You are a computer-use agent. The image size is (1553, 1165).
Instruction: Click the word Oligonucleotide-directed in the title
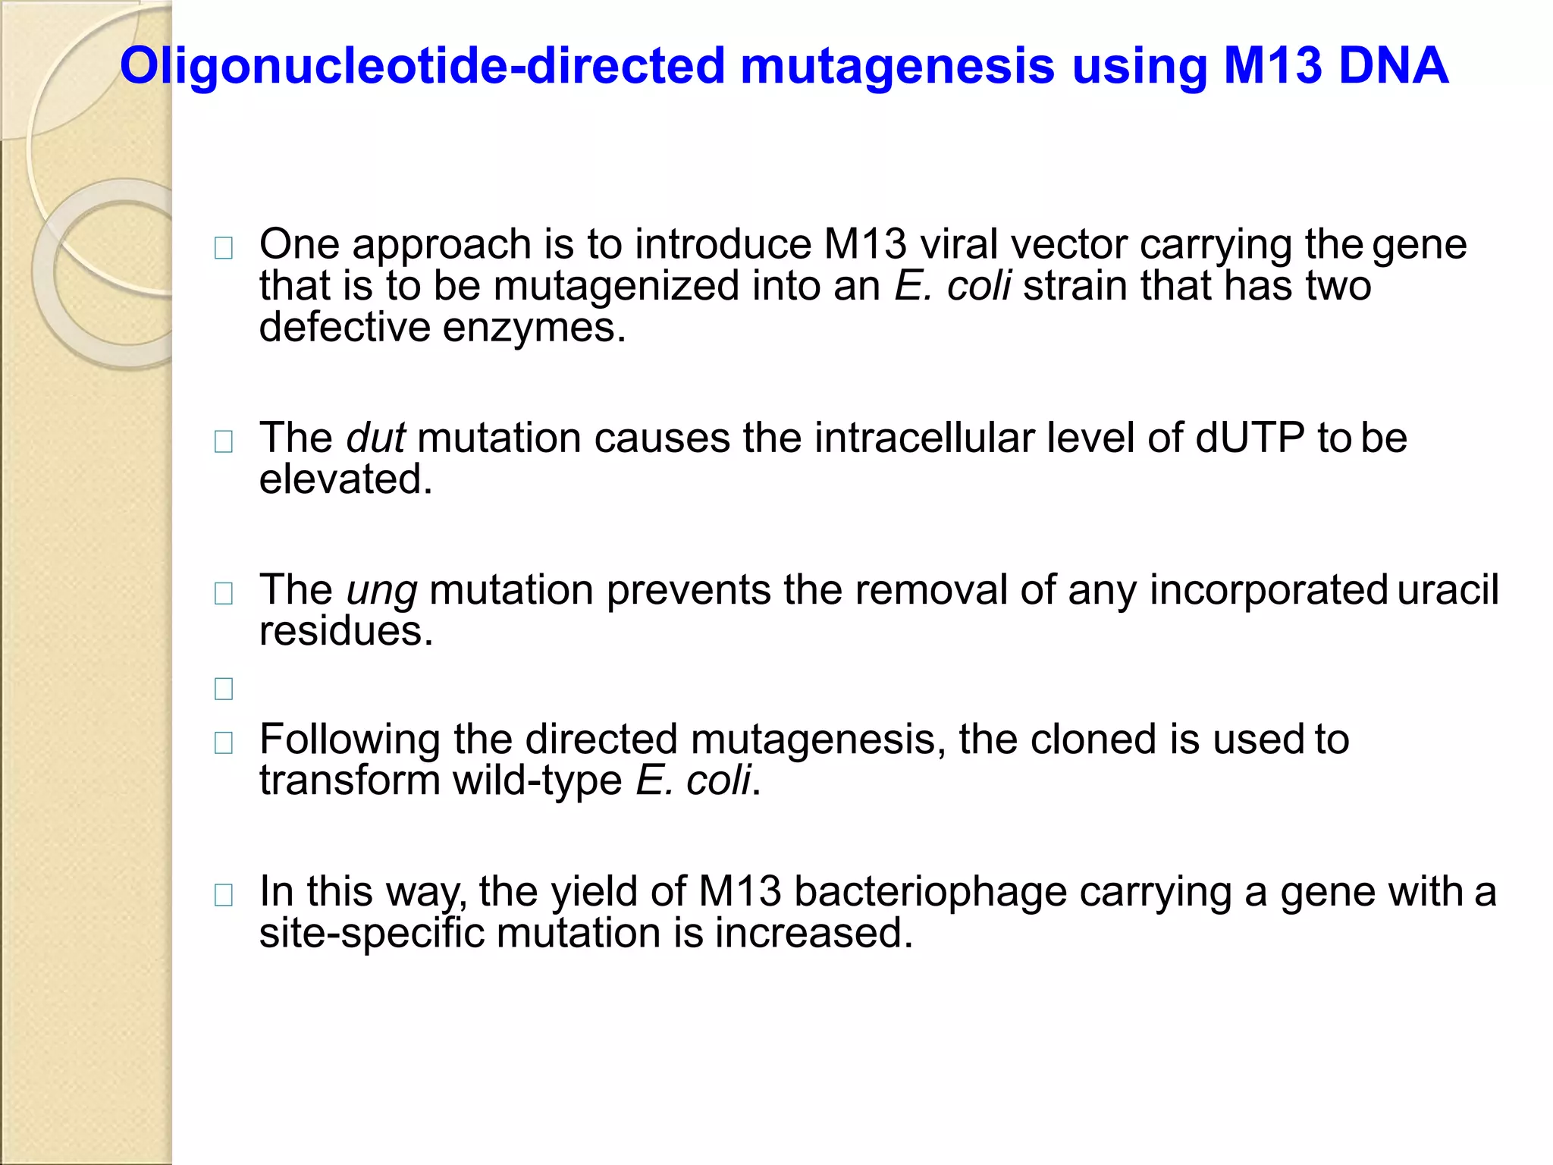click(422, 66)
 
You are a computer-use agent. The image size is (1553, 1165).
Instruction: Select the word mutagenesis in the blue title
click(897, 66)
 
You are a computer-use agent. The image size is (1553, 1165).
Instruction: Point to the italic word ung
click(381, 591)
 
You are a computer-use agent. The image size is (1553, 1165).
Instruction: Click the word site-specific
click(372, 932)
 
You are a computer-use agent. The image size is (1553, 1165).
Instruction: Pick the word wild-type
click(538, 780)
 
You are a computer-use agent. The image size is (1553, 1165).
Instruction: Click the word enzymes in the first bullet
click(534, 328)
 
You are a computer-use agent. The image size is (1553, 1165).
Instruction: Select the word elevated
click(346, 479)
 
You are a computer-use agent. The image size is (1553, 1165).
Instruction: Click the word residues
click(346, 631)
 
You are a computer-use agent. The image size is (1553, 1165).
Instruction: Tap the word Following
click(350, 740)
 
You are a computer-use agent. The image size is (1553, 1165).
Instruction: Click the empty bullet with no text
click(224, 689)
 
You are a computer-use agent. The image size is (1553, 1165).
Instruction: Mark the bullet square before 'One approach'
click(224, 248)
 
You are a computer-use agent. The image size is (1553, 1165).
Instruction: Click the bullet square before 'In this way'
click(224, 896)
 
